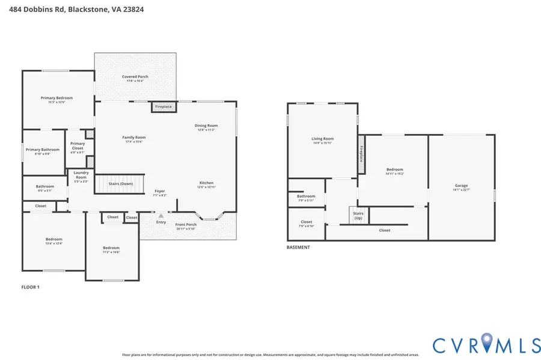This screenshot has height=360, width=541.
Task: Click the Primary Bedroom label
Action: pos(57,97)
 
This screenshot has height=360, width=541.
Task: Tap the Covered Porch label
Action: pos(135,77)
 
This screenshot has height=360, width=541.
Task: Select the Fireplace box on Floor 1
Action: pos(163,107)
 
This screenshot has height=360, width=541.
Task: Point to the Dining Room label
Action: pos(206,126)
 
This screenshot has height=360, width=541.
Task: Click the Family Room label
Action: pos(134,138)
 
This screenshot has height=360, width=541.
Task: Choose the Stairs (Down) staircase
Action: pos(121,184)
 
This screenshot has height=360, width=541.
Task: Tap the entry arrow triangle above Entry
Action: pos(160,215)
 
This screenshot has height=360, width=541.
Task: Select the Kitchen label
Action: pos(206,183)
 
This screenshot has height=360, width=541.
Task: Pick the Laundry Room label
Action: pos(81,175)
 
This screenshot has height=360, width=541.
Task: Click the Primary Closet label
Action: pos(78,145)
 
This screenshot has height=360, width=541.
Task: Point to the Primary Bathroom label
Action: pos(42,150)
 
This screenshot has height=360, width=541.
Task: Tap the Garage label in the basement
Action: pos(461,186)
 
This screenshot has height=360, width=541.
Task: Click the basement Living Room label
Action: pos(322,139)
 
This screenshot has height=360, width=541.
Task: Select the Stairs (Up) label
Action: pos(358,215)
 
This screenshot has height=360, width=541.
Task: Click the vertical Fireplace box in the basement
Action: pos(361,155)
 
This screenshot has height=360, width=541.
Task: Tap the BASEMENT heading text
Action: pos(298,247)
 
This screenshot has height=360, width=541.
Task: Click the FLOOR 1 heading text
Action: pos(30,287)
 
